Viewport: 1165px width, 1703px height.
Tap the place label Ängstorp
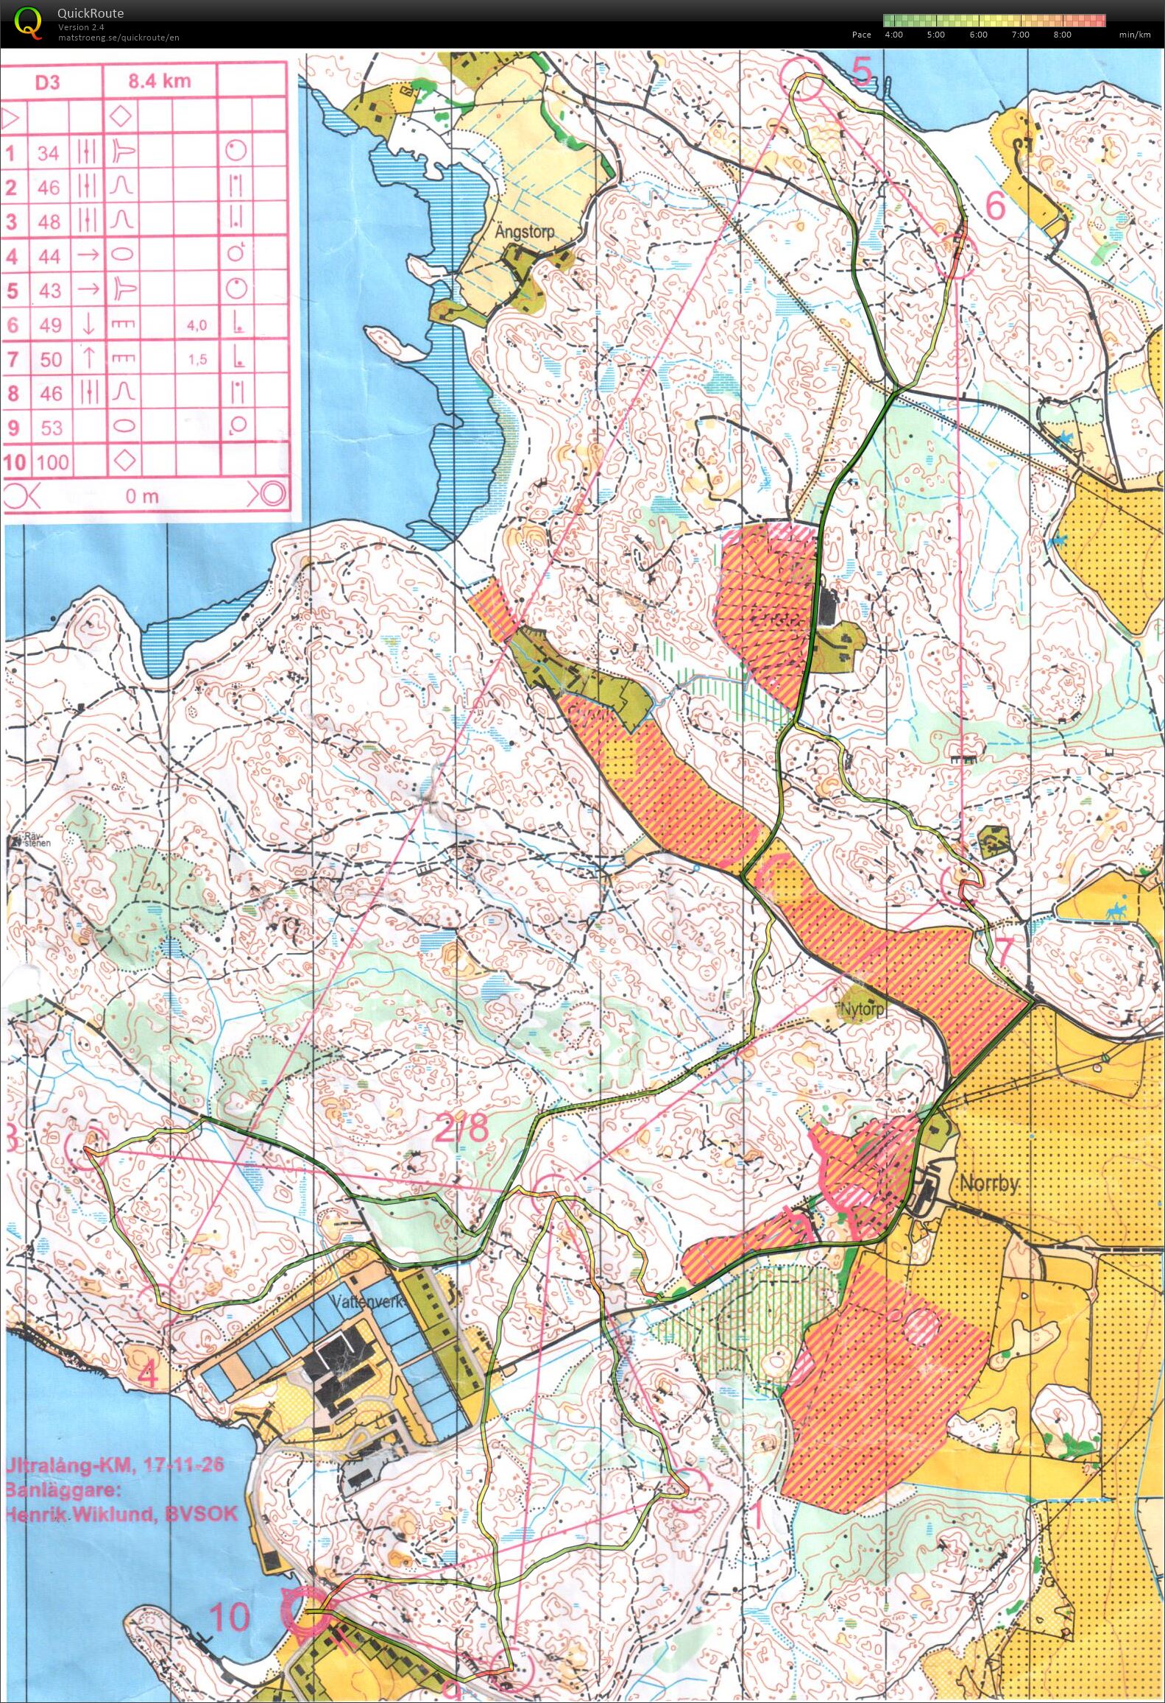tap(524, 231)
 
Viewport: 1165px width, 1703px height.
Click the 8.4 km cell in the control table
tap(159, 81)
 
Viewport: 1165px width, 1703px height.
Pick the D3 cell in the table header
tap(48, 82)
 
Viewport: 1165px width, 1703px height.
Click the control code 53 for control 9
tap(51, 428)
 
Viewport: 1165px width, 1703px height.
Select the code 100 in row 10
tap(52, 462)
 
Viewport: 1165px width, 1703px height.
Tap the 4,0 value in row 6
tap(196, 325)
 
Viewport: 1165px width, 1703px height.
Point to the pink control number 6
tap(994, 208)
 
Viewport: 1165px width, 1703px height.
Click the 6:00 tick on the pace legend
tap(978, 35)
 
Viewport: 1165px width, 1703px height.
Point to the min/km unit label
tap(1134, 35)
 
